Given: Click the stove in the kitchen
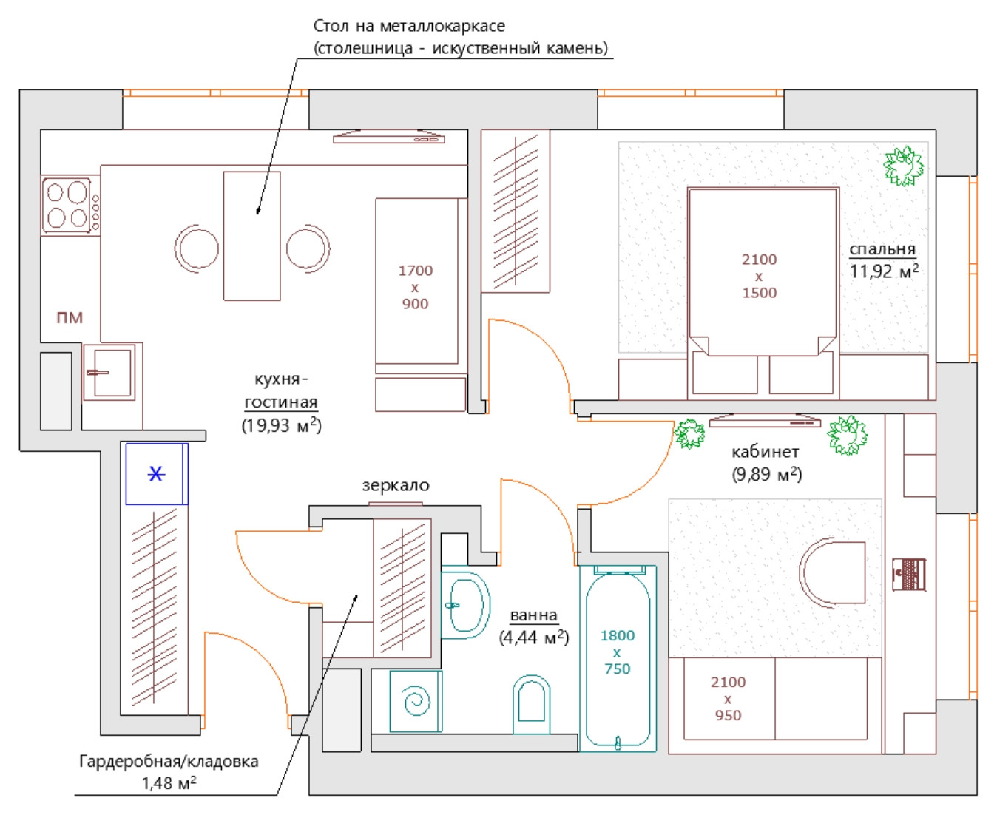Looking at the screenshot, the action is (70, 205).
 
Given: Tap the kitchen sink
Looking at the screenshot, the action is (109, 372).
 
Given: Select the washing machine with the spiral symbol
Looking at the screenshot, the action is (416, 701).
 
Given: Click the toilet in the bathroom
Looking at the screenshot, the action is (531, 704).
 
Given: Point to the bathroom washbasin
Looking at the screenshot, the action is (466, 605).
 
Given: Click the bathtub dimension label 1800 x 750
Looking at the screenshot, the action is (617, 652).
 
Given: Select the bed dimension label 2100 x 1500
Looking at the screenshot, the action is (759, 276).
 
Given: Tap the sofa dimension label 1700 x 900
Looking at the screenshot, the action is (415, 287).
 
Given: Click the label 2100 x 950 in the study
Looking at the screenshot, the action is (728, 698).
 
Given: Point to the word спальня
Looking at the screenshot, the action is (882, 249).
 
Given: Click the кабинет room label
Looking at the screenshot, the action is (766, 452).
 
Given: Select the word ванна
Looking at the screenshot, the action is (534, 615).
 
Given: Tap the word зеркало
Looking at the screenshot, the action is (396, 485).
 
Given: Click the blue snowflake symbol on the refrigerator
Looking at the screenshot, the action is (156, 473).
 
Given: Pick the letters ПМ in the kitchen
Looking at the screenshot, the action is (70, 317).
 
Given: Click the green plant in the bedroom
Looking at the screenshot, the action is (903, 166).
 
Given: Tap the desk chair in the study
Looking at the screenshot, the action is (831, 572).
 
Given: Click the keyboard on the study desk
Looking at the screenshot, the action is (909, 575).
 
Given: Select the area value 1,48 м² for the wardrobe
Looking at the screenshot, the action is (169, 783).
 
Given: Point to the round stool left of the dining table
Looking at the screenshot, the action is (197, 248).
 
